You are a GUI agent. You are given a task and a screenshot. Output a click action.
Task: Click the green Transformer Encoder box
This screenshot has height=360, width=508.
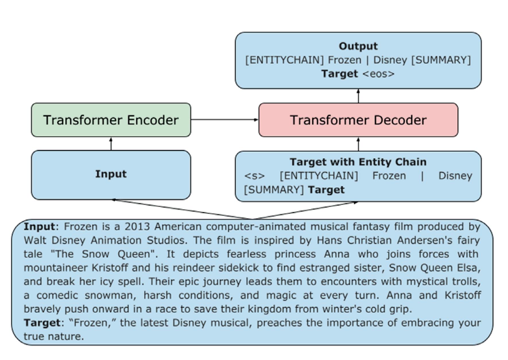click(111, 120)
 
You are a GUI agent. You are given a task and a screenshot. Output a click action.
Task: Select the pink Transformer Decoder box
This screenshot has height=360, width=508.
click(358, 120)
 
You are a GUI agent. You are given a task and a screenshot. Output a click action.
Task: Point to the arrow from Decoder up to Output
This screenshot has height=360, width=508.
click(358, 96)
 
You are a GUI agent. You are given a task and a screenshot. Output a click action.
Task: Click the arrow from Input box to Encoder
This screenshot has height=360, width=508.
click(111, 144)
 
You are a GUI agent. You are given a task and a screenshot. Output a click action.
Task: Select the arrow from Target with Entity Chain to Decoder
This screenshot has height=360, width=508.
click(358, 144)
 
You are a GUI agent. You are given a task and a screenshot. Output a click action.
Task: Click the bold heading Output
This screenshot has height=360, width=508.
click(358, 46)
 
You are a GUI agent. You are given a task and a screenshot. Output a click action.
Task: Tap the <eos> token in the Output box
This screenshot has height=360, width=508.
click(379, 74)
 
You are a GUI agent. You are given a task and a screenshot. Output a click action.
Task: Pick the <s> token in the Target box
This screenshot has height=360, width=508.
click(254, 176)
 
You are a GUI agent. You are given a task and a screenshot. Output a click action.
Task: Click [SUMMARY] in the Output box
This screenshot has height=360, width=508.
click(441, 60)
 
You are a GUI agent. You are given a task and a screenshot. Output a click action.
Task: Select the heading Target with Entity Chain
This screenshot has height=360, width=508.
click(358, 162)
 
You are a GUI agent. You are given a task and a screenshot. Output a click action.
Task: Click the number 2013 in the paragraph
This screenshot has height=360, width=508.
click(137, 227)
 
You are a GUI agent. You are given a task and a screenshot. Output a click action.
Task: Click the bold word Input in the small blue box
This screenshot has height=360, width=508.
click(111, 174)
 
